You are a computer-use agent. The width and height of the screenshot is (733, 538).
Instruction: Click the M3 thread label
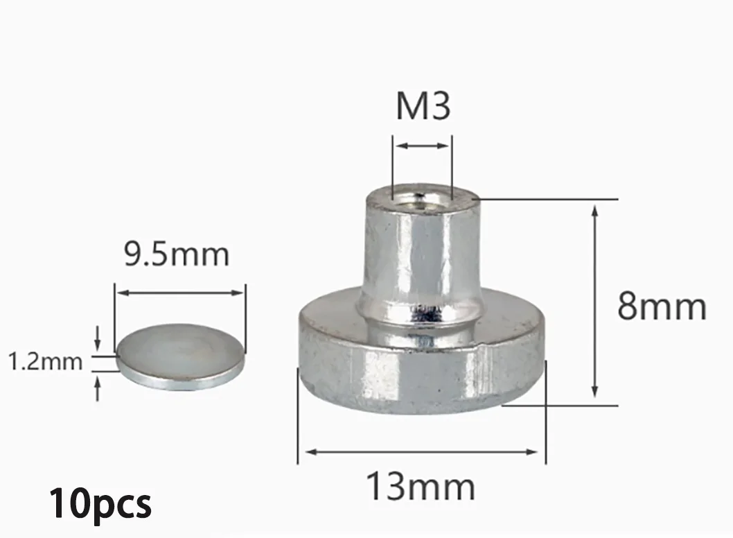click(423, 106)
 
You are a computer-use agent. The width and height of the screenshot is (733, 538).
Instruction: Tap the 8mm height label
click(662, 306)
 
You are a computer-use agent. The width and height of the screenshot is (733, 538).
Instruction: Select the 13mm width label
click(421, 486)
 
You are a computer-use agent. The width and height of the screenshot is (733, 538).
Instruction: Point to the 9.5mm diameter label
click(177, 254)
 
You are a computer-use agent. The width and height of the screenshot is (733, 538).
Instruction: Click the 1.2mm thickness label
click(45, 362)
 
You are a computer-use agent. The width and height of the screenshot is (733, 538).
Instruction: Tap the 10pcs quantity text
click(100, 504)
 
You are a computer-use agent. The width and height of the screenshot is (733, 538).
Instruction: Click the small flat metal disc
click(180, 356)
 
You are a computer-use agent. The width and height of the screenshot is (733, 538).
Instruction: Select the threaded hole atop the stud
click(423, 196)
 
